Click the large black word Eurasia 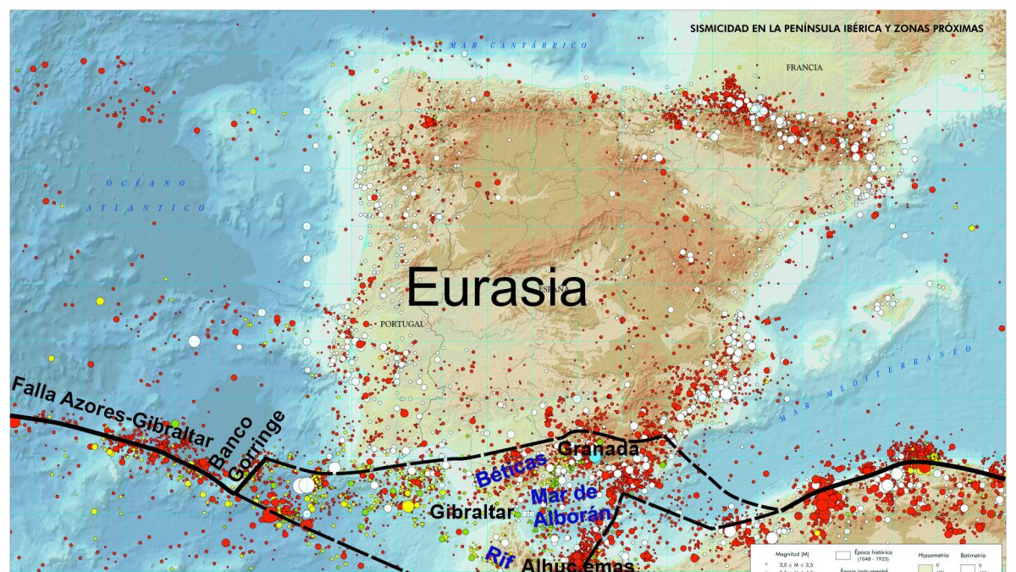tap(497, 289)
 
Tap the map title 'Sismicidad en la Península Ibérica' tap(837, 28)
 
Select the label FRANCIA tap(803, 68)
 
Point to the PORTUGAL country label tap(401, 324)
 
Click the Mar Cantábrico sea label tap(519, 45)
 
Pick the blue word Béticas tap(511, 469)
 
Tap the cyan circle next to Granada tap(596, 456)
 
